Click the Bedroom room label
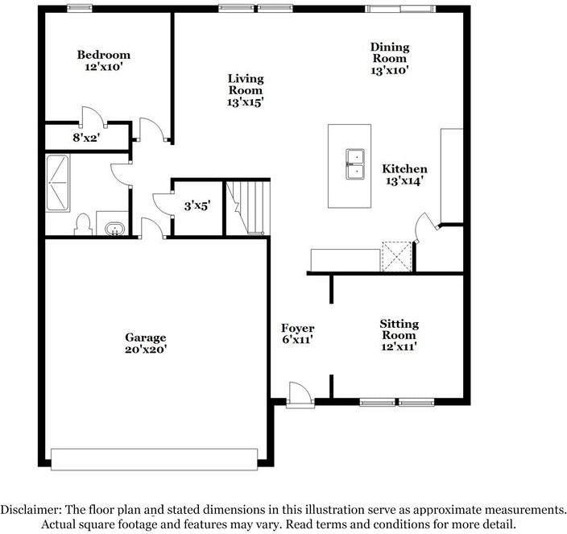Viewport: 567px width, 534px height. click(103, 55)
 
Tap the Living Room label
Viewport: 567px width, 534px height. click(245, 85)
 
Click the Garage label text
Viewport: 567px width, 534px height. click(145, 337)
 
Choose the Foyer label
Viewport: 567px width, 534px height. click(297, 329)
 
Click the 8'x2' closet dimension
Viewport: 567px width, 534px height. click(86, 138)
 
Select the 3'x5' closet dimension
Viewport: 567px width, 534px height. click(197, 206)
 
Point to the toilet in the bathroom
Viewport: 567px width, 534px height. click(81, 224)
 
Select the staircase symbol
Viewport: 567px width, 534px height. click(245, 208)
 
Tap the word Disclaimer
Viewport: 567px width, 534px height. click(31, 510)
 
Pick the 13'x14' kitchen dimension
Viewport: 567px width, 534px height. click(404, 181)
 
